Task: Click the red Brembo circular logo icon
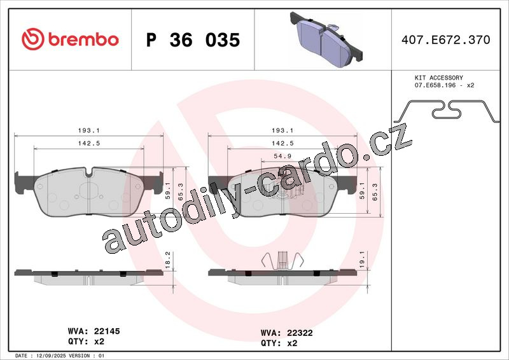(x=33, y=39)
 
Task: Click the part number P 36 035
(x=193, y=40)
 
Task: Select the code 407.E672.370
(x=446, y=39)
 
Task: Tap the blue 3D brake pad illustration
(x=326, y=39)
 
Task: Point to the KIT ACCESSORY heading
(x=439, y=78)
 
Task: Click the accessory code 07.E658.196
(x=435, y=85)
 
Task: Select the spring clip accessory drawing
(x=449, y=110)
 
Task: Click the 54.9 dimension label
(x=282, y=156)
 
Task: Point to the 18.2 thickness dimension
(x=167, y=260)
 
